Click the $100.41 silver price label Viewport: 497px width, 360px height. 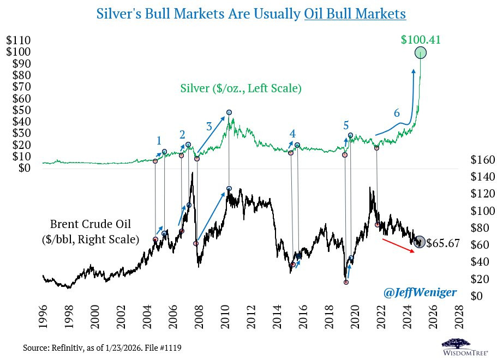point(420,40)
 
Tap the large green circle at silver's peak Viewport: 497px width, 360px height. point(421,53)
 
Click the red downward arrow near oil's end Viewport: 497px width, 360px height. point(402,246)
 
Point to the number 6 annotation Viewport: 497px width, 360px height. point(397,113)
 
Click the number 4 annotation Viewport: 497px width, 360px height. point(292,134)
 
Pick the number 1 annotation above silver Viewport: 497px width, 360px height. point(159,140)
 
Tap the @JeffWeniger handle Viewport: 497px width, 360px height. point(420,293)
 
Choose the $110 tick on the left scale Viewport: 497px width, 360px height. point(18,40)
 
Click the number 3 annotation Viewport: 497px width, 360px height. point(209,126)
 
